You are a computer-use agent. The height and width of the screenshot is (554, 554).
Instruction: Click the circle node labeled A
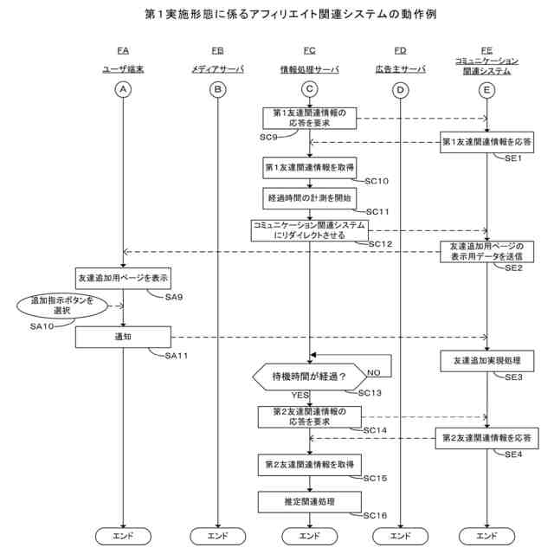pyautogui.click(x=123, y=89)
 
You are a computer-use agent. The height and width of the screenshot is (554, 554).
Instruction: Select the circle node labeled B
pyautogui.click(x=217, y=89)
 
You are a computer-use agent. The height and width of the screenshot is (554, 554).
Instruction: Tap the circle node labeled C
pyautogui.click(x=309, y=89)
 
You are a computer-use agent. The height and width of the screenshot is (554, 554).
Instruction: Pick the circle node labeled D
pyautogui.click(x=400, y=89)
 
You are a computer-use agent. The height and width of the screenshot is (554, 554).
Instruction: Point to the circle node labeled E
pyautogui.click(x=487, y=89)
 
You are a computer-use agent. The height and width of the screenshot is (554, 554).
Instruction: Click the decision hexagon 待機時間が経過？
pyautogui.click(x=309, y=377)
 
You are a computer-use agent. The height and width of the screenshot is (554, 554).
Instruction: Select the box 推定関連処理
pyautogui.click(x=309, y=501)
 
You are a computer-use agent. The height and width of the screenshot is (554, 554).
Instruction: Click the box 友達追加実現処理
pyautogui.click(x=487, y=359)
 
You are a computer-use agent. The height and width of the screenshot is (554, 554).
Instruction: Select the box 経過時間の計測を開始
pyautogui.click(x=309, y=197)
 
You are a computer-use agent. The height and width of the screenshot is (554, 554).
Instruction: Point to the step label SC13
pyautogui.click(x=370, y=393)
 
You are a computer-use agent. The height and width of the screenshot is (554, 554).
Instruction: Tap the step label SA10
pyautogui.click(x=42, y=326)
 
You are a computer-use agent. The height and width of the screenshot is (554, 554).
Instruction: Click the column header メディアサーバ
pyautogui.click(x=217, y=69)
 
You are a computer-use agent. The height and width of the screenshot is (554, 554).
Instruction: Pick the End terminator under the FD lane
pyautogui.click(x=400, y=536)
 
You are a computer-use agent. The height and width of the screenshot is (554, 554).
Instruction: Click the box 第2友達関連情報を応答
pyautogui.click(x=487, y=439)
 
